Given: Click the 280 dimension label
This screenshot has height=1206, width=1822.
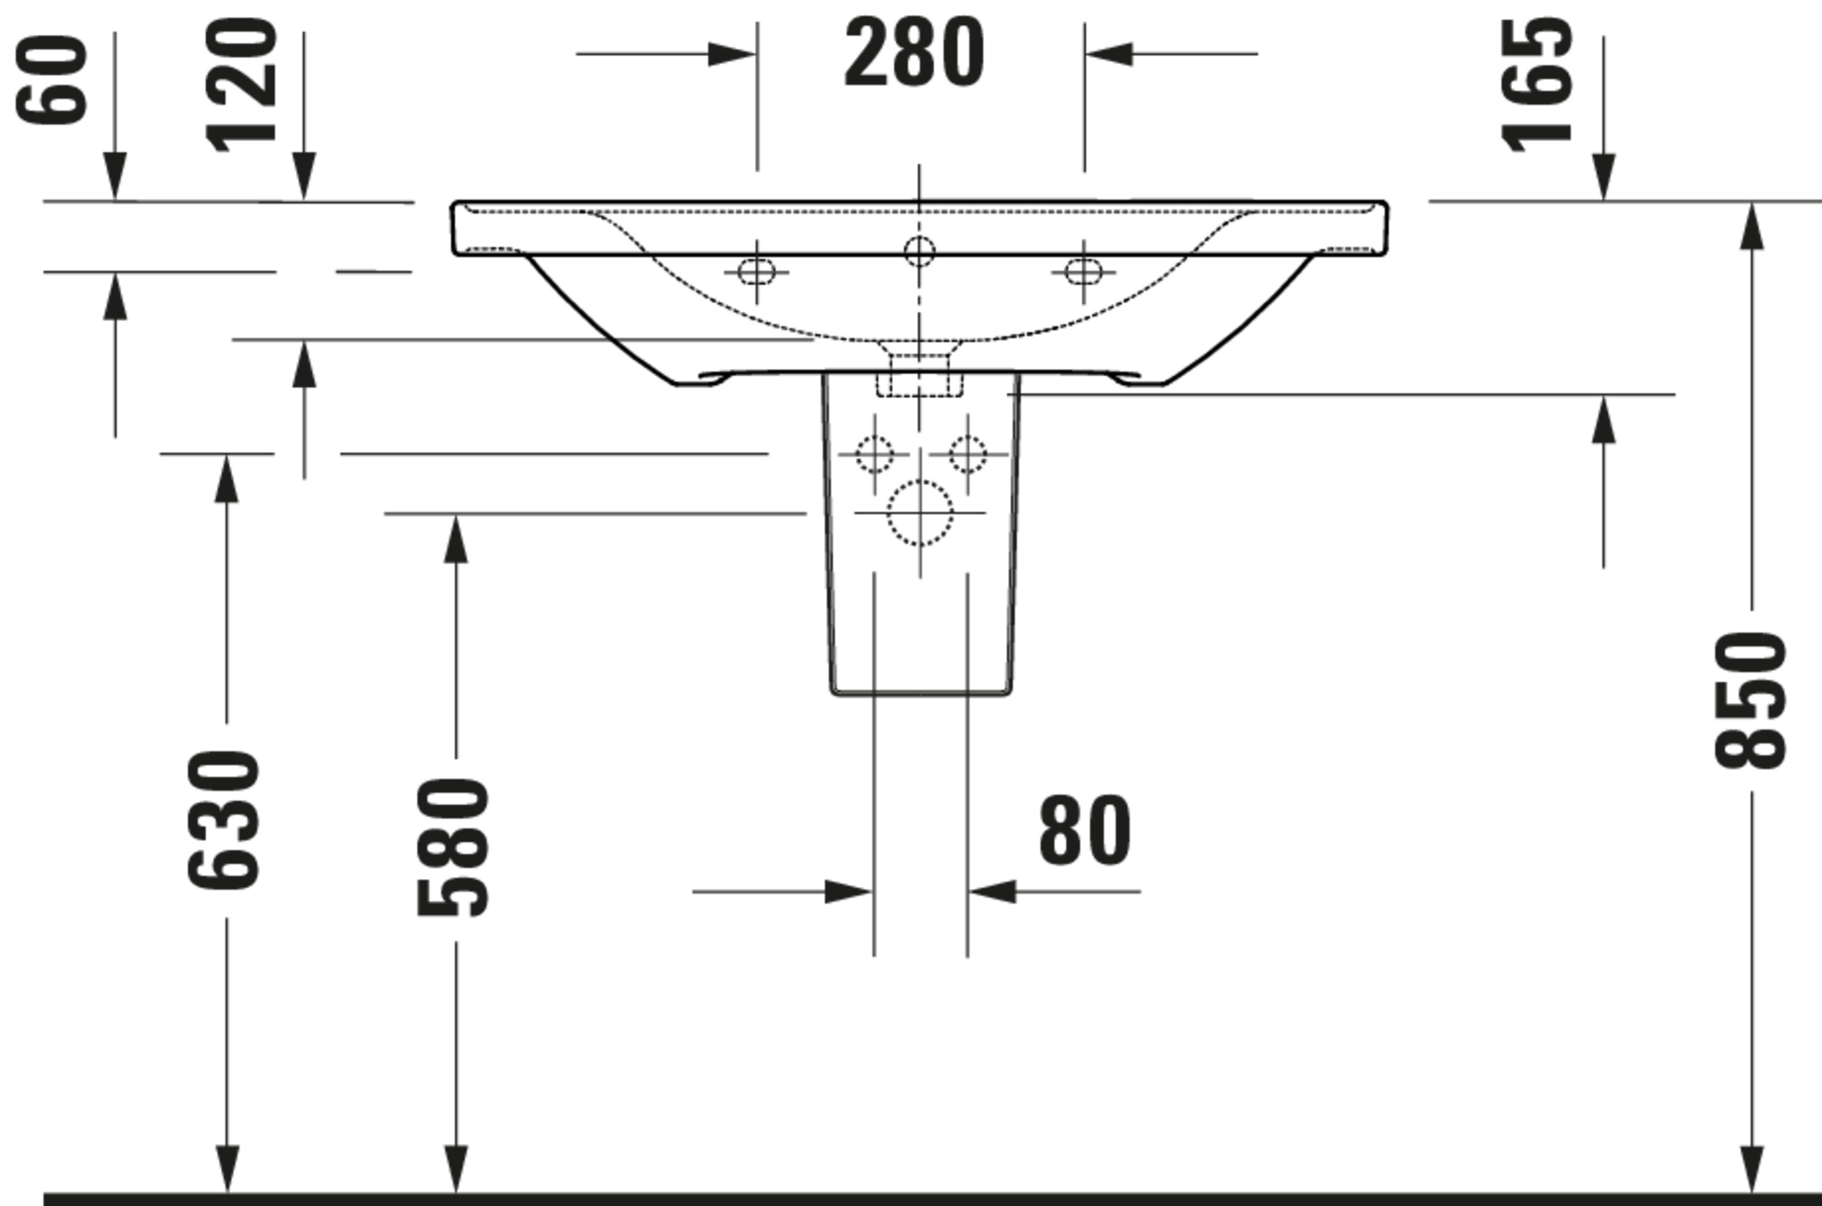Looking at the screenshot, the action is tap(914, 52).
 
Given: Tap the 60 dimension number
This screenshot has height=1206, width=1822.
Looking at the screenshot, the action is tap(52, 80).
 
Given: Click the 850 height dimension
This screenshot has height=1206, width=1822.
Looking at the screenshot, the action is tap(1750, 700).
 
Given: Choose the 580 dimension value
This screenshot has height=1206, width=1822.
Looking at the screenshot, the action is tap(452, 847).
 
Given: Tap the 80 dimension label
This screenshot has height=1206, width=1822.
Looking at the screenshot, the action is tap(1085, 832).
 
